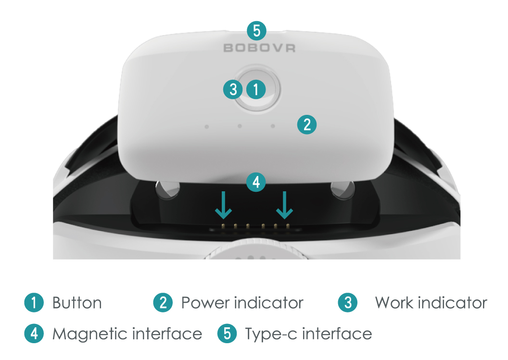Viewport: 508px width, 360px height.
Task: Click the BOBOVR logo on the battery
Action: pos(259,48)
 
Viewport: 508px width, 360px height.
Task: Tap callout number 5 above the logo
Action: pos(256,31)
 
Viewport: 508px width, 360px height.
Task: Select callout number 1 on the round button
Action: pos(256,89)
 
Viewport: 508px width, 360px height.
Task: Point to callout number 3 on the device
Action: pos(233,89)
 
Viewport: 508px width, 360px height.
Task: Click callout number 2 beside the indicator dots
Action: pos(307,124)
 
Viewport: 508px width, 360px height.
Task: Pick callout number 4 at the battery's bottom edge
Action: pos(256,182)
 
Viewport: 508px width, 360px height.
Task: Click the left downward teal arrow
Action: pos(223,205)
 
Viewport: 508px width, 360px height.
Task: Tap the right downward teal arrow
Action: pos(284,205)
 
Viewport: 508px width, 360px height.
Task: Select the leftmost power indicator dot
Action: pos(207,127)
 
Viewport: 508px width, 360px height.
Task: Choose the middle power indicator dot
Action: pos(240,126)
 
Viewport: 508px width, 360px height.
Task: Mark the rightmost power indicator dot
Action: pos(273,126)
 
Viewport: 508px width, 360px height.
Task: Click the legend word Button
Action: pos(77,303)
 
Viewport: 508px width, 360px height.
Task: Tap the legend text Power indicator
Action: pos(242,303)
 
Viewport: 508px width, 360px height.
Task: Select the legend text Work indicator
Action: pos(431,303)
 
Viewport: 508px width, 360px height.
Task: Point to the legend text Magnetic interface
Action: pos(127,334)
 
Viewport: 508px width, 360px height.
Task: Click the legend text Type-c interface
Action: pos(308,334)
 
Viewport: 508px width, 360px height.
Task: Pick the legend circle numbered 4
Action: pos(34,334)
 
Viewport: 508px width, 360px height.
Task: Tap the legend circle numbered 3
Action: pos(348,303)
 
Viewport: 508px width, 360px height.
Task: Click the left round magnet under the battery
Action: pos(167,189)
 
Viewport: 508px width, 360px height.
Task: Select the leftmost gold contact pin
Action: pos(223,225)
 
